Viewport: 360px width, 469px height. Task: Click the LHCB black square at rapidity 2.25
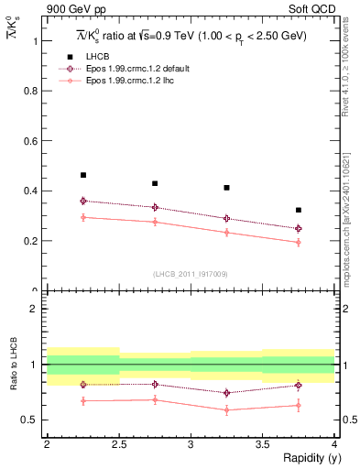click(x=83, y=175)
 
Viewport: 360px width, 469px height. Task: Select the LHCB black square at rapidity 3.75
click(x=298, y=210)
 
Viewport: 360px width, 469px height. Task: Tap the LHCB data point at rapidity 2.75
click(x=155, y=183)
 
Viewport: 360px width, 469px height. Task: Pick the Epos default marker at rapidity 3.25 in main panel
click(x=226, y=218)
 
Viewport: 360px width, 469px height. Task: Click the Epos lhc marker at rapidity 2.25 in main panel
click(x=83, y=217)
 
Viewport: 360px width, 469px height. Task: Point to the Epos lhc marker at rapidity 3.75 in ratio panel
click(x=298, y=405)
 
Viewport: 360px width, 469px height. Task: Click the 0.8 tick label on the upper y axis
click(x=32, y=92)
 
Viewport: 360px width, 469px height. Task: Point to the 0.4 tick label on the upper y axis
click(x=32, y=191)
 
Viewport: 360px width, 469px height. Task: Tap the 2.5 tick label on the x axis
click(x=119, y=444)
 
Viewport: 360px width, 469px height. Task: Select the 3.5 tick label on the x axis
click(x=262, y=444)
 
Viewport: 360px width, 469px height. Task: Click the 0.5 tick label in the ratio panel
click(x=32, y=420)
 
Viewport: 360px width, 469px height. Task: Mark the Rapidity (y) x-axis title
click(x=307, y=458)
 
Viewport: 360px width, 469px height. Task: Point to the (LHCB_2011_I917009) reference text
click(x=191, y=274)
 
